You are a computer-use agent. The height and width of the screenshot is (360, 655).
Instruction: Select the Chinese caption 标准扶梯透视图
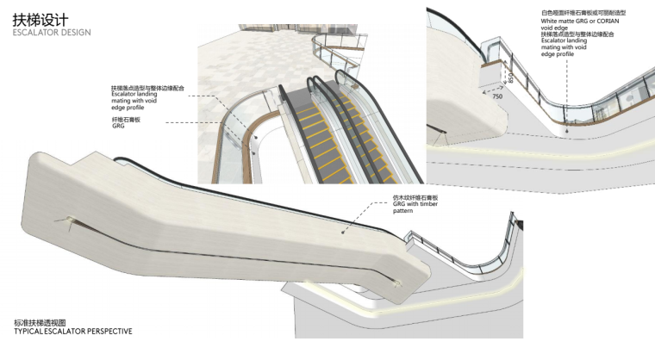point(41,321)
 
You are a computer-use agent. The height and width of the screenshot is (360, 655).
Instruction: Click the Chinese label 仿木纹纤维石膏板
point(413,197)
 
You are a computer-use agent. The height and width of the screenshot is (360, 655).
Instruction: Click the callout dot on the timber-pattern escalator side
point(346,231)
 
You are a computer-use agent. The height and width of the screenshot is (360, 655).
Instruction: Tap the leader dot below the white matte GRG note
point(565,129)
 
